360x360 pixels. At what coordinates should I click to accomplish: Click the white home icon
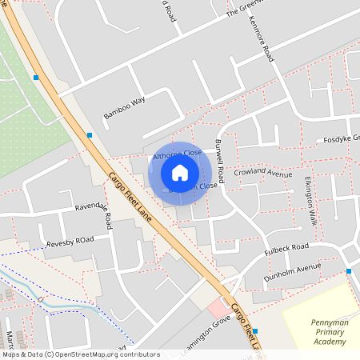180,173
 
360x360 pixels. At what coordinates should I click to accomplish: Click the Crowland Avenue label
263,173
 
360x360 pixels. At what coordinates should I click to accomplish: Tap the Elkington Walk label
310,201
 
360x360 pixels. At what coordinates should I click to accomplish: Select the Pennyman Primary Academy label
328,332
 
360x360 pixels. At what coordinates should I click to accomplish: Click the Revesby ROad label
70,241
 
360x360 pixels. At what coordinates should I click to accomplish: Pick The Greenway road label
243,10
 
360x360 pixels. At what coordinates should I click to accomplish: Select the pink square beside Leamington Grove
217,307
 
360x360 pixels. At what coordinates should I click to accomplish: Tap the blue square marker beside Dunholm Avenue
350,271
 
